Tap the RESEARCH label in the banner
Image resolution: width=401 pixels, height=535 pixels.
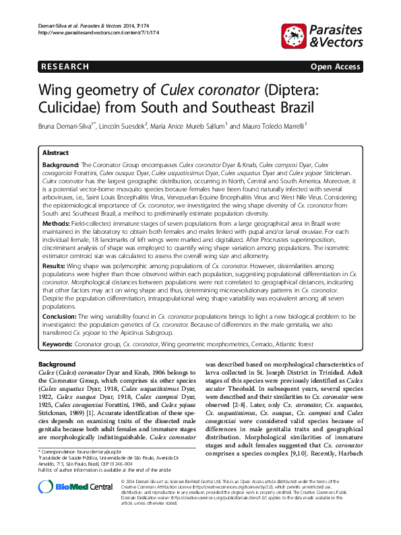coord(65,67)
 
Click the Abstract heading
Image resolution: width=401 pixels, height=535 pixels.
coord(55,153)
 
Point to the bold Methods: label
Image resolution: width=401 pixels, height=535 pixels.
coord(57,222)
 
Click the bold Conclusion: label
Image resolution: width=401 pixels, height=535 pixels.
coord(61,315)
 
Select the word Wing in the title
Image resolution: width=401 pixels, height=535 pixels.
coord(57,90)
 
